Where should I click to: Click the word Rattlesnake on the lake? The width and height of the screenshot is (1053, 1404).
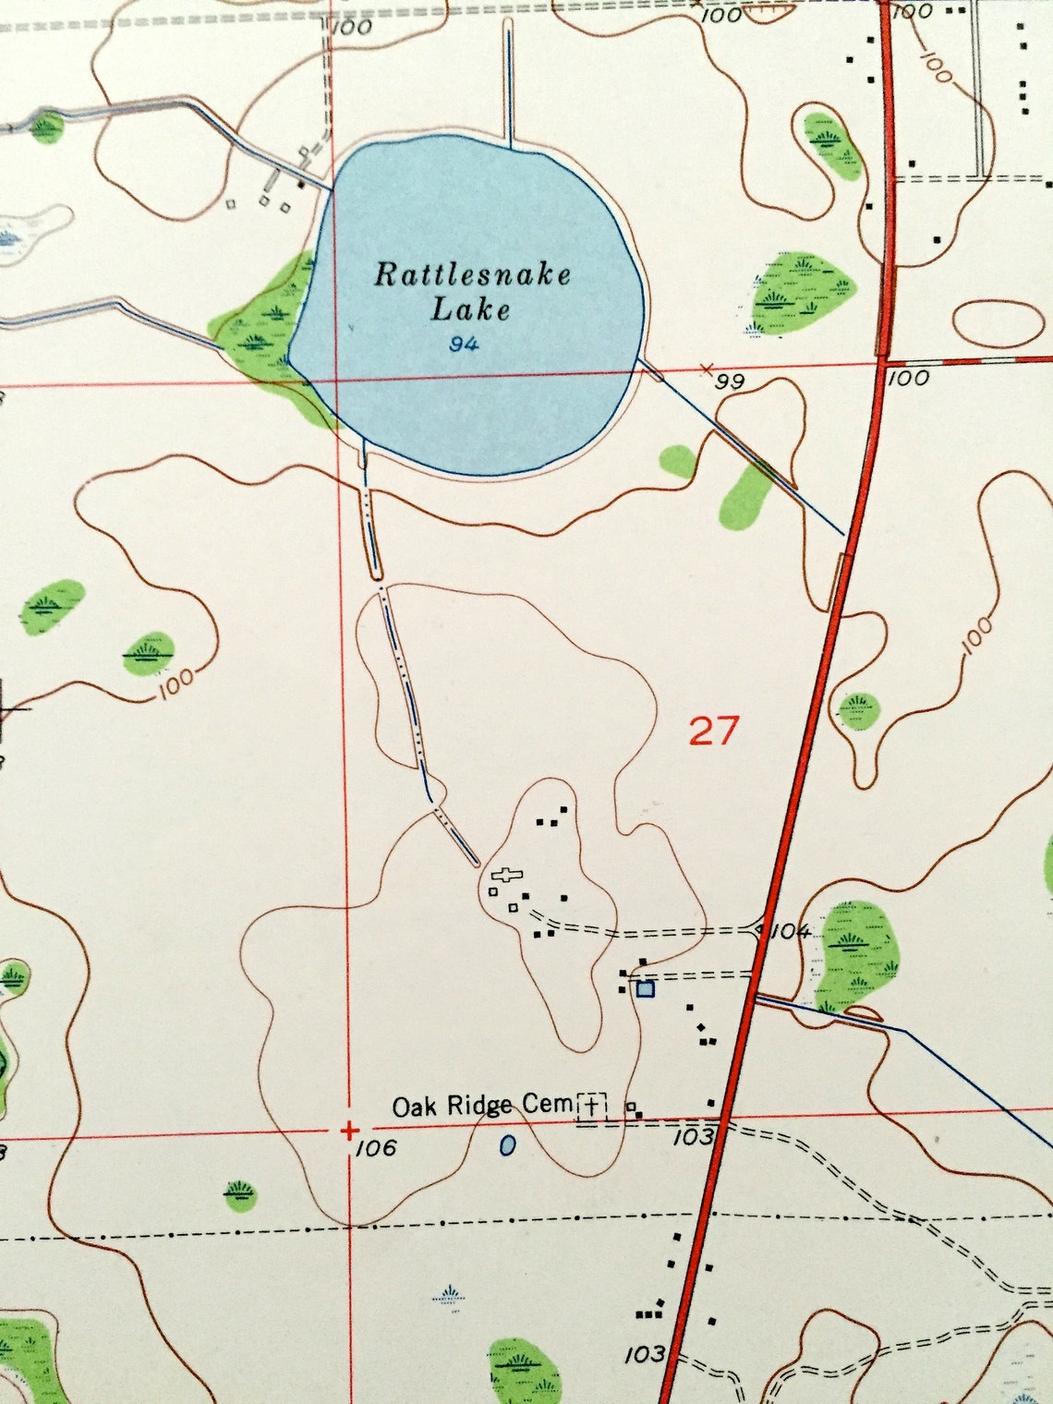(x=472, y=274)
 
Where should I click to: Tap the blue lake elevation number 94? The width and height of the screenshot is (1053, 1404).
(x=464, y=345)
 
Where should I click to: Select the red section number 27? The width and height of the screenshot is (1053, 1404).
(x=713, y=732)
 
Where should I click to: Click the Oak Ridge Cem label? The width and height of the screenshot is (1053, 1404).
(x=482, y=1106)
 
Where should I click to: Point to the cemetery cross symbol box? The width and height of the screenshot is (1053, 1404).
(x=592, y=1106)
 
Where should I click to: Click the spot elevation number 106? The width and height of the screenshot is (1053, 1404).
(x=375, y=1148)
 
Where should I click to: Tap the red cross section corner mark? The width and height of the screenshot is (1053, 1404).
(x=349, y=1130)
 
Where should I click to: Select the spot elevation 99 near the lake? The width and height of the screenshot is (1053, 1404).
(x=730, y=381)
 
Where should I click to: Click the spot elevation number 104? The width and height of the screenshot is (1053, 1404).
(x=790, y=931)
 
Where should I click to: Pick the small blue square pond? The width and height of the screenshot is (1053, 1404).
(x=645, y=989)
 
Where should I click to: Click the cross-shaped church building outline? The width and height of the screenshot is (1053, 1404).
(x=507, y=875)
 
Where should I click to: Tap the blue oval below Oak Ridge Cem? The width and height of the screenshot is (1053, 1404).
(x=507, y=1146)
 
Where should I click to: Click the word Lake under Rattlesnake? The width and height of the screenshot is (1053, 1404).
(x=470, y=309)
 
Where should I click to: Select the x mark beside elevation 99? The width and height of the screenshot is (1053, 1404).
(x=708, y=369)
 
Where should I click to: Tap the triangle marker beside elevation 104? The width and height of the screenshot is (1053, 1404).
(x=758, y=928)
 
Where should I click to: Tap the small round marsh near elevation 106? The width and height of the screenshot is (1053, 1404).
(x=241, y=1193)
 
